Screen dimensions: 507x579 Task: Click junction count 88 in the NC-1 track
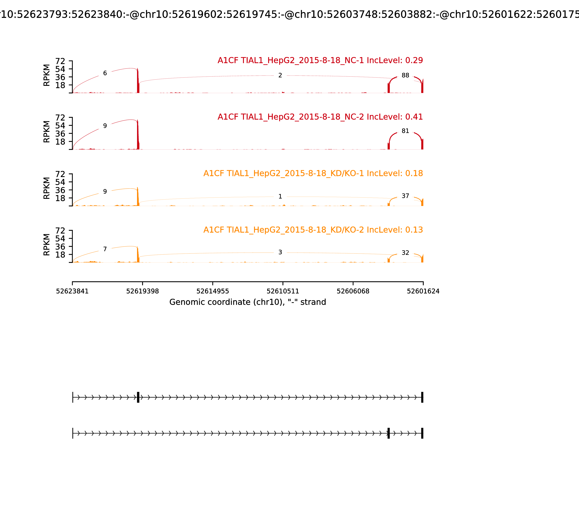point(405,75)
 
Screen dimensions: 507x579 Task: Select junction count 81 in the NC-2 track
point(405,131)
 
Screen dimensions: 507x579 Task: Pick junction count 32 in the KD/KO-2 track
point(405,253)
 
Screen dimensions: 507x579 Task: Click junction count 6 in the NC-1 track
point(105,73)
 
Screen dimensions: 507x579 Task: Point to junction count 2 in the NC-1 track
point(280,75)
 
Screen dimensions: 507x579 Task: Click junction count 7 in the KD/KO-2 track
point(105,249)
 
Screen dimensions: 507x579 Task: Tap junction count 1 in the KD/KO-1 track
point(280,196)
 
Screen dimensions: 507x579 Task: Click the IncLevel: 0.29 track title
point(320,60)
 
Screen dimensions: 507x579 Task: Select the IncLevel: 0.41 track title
point(320,117)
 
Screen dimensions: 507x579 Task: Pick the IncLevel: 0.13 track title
point(313,230)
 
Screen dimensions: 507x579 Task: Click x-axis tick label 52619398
point(143,291)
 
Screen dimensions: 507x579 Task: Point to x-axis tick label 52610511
point(283,291)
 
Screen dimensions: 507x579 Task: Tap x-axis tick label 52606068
point(353,291)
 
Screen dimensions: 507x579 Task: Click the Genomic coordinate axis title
point(248,302)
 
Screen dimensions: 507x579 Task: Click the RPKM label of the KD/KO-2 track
point(47,244)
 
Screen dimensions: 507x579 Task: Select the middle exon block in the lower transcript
point(388,433)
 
